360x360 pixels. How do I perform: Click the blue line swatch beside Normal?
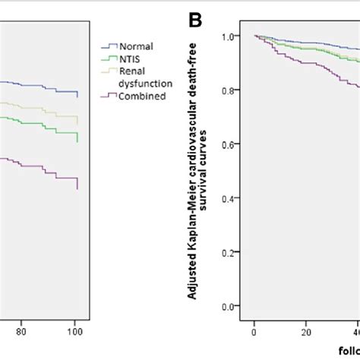(x=107, y=46)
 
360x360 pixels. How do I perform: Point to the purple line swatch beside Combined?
(x=107, y=96)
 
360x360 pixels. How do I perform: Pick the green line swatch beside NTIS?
(x=107, y=58)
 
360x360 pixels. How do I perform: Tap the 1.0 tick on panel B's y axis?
(x=235, y=36)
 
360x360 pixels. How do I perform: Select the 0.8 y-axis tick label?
(x=235, y=90)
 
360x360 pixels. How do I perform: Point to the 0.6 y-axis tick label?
(x=235, y=144)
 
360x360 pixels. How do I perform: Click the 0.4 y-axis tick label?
(x=235, y=198)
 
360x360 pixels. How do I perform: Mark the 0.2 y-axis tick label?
(x=235, y=252)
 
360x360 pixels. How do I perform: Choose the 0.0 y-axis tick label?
(x=235, y=307)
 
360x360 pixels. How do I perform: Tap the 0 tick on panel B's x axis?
(x=254, y=331)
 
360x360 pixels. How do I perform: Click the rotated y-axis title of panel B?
(x=199, y=171)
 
